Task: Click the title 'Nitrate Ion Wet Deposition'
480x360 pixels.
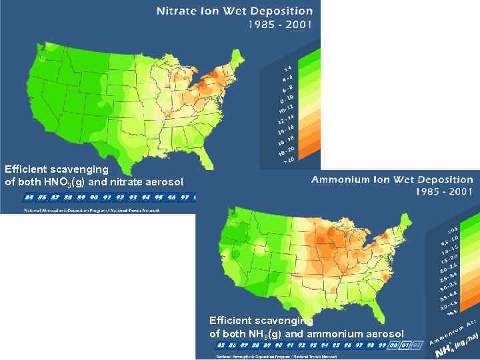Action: click(x=234, y=11)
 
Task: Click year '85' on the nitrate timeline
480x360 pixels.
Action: click(x=29, y=198)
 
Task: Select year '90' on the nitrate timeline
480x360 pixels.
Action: click(x=94, y=198)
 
